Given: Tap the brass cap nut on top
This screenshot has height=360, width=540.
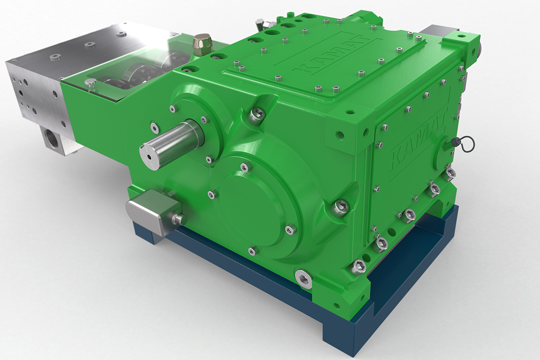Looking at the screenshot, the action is point(202,43).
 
